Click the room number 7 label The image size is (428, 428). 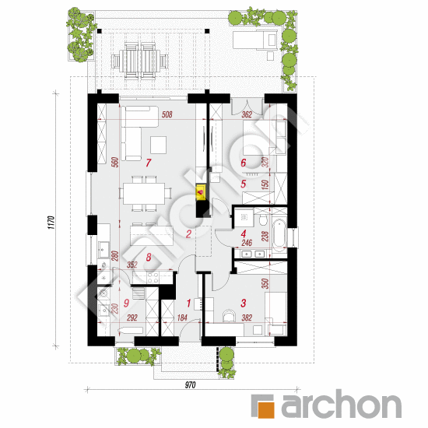click(148, 163)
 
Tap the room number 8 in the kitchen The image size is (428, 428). click(149, 257)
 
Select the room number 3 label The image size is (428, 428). click(244, 303)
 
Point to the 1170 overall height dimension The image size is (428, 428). click(51, 223)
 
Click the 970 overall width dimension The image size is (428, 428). click(190, 385)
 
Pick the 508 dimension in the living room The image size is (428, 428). click(167, 114)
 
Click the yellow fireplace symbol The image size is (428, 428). click(201, 192)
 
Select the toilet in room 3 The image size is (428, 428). click(229, 315)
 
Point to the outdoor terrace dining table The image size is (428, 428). click(141, 61)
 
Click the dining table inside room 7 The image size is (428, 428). click(144, 194)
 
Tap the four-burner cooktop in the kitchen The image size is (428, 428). click(153, 277)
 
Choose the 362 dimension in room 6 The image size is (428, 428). click(247, 114)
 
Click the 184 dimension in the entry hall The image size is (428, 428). click(182, 317)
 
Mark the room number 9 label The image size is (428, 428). click(126, 303)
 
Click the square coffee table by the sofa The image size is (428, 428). click(158, 145)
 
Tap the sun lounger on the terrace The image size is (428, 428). click(255, 40)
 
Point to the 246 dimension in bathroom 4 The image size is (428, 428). click(247, 242)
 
